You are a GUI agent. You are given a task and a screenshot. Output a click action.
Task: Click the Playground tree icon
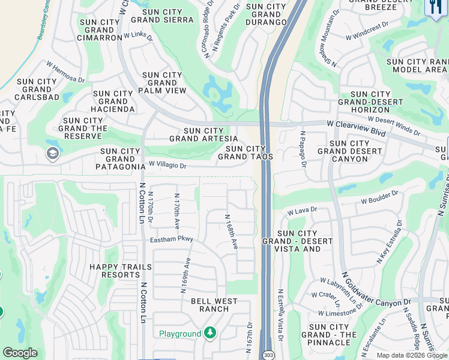(x=209, y=333)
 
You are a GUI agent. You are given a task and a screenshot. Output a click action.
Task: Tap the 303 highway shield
(x=268, y=354)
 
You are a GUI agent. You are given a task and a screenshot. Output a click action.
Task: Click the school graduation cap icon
(x=52, y=154)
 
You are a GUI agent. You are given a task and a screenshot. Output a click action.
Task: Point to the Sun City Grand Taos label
(x=246, y=152)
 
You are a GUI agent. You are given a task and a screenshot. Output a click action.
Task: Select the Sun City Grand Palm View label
(x=162, y=83)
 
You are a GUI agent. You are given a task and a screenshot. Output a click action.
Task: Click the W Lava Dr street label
(x=301, y=211)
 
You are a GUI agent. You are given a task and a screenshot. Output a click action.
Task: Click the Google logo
(x=20, y=353)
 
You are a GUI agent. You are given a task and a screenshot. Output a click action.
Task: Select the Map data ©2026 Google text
(x=412, y=355)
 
